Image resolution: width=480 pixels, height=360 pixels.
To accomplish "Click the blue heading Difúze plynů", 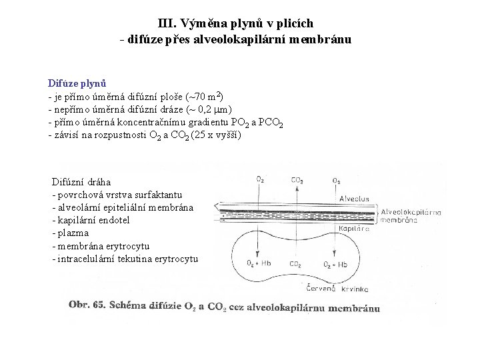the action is tap(77, 83).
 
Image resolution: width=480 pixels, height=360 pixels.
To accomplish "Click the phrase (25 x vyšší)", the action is tap(216, 135).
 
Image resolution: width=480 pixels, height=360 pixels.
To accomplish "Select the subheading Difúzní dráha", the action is tap(81, 181).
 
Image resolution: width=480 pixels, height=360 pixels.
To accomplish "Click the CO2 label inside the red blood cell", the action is tap(293, 263).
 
